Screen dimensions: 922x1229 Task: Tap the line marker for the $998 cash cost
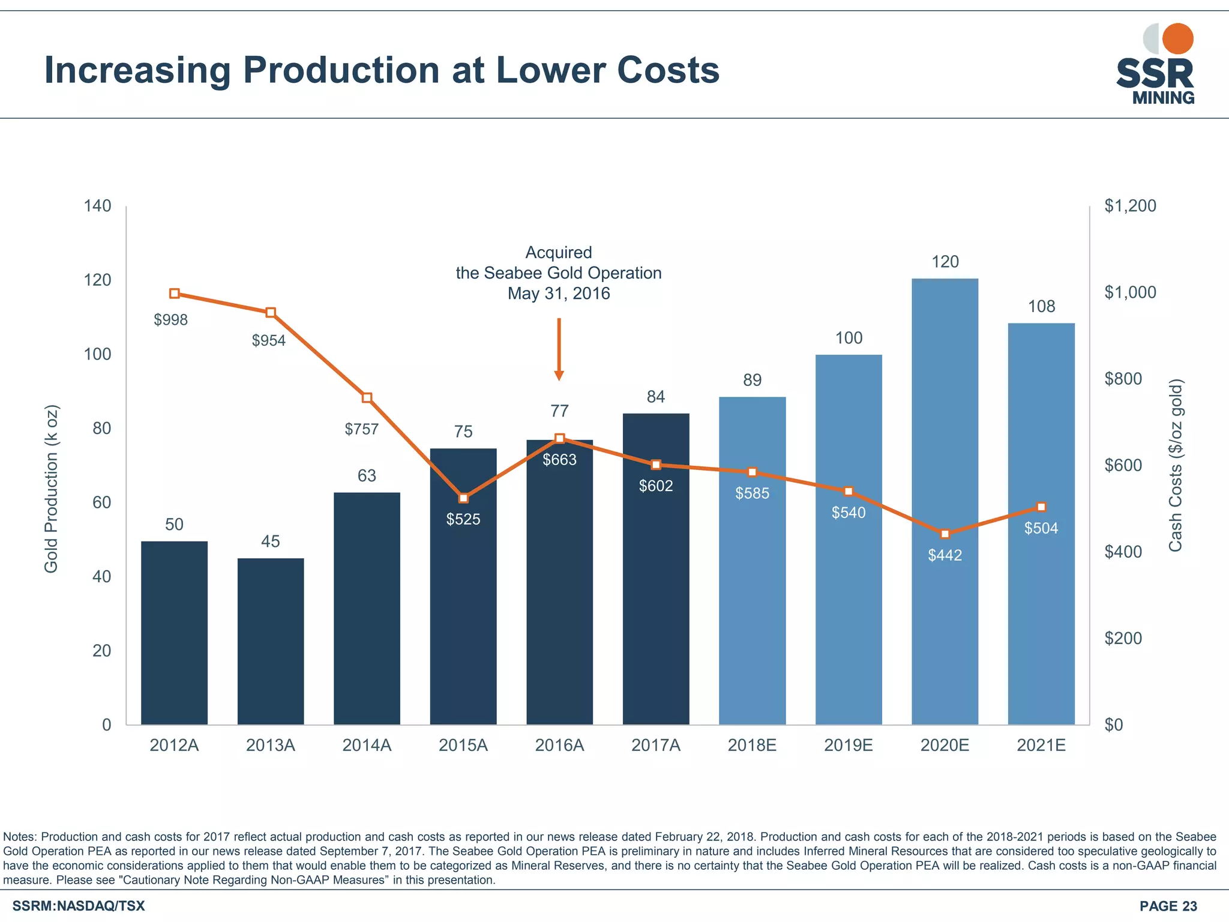[175, 294]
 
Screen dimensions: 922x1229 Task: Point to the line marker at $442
[945, 534]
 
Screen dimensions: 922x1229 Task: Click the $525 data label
[463, 519]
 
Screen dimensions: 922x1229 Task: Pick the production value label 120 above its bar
[945, 262]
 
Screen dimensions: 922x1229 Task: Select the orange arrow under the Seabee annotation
[559, 349]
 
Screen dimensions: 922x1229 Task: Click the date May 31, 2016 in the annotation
[559, 294]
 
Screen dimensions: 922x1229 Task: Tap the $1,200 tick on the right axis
[1130, 206]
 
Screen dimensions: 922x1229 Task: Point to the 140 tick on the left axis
[98, 206]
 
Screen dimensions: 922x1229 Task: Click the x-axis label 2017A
[656, 746]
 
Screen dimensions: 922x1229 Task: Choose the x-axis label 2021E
[1041, 746]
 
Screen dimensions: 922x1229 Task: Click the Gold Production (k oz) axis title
[52, 489]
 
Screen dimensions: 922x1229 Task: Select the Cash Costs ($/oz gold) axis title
[1176, 465]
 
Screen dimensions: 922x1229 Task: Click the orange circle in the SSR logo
[1177, 39]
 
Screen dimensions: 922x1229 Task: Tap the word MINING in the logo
[1163, 98]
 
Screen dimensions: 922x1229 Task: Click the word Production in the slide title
[341, 70]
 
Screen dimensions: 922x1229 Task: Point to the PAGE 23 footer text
[1168, 906]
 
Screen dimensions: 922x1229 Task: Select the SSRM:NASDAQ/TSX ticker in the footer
[79, 906]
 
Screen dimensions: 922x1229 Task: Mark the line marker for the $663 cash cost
[559, 439]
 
